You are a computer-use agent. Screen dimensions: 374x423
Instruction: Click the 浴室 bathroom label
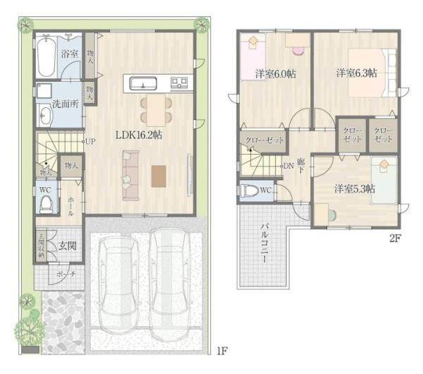[68, 54]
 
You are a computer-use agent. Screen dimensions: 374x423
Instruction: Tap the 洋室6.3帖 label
[355, 73]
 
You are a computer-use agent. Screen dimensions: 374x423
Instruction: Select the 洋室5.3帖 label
[354, 188]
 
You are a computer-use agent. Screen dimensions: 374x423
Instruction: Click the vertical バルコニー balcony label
[262, 246]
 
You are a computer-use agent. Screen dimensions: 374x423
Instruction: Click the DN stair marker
[288, 167]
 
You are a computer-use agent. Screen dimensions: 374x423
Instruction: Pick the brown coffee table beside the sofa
[159, 175]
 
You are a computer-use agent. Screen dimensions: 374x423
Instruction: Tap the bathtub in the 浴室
[43, 56]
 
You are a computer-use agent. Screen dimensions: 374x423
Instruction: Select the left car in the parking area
[118, 282]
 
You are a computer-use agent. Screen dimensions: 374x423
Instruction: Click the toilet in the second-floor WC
[250, 191]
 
